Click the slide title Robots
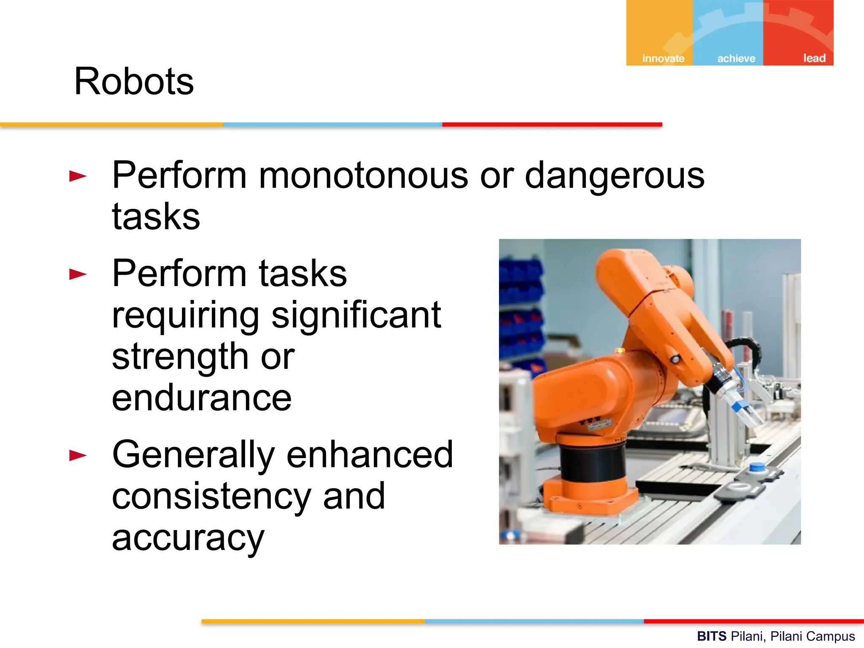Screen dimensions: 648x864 pyautogui.click(x=134, y=81)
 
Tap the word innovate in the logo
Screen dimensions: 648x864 pyautogui.click(x=663, y=58)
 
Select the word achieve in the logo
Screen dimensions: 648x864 pyautogui.click(x=736, y=58)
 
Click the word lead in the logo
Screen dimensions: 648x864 pyautogui.click(x=814, y=58)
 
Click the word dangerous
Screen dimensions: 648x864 pyautogui.click(x=614, y=176)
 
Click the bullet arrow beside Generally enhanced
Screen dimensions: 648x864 pyautogui.click(x=78, y=455)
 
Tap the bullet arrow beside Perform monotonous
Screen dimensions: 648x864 pyautogui.click(x=78, y=176)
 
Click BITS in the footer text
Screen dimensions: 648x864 pyautogui.click(x=711, y=636)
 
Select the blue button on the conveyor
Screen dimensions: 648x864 pyautogui.click(x=757, y=467)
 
